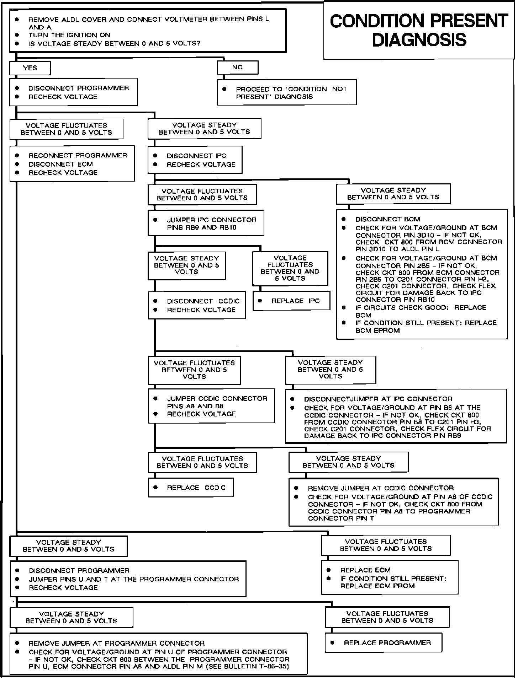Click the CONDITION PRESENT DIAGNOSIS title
pyautogui.click(x=419, y=31)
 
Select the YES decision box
pyautogui.click(x=30, y=68)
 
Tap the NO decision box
pyautogui.click(x=237, y=67)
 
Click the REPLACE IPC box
pyautogui.click(x=291, y=301)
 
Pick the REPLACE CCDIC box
pyautogui.click(x=191, y=488)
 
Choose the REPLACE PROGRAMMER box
pyautogui.click(x=383, y=642)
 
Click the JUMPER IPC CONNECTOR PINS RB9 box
pyautogui.click(x=206, y=224)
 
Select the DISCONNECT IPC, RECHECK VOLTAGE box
pyautogui.click(x=195, y=160)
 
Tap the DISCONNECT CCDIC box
pyautogui.click(x=197, y=305)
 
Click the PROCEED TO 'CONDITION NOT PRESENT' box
pyautogui.click(x=287, y=92)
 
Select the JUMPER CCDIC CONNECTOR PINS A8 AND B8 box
pyautogui.click(x=211, y=406)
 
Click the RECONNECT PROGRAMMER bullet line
pyautogui.click(x=78, y=155)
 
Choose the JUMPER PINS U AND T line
pyautogui.click(x=134, y=579)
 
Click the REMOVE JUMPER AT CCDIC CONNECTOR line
pyautogui.click(x=381, y=488)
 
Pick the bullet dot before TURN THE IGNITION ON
pyautogui.click(x=17, y=35)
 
